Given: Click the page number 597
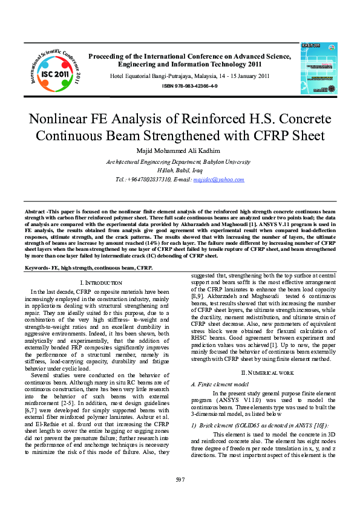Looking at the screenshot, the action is [180, 480].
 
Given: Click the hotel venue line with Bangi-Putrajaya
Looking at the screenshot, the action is [189, 76].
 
